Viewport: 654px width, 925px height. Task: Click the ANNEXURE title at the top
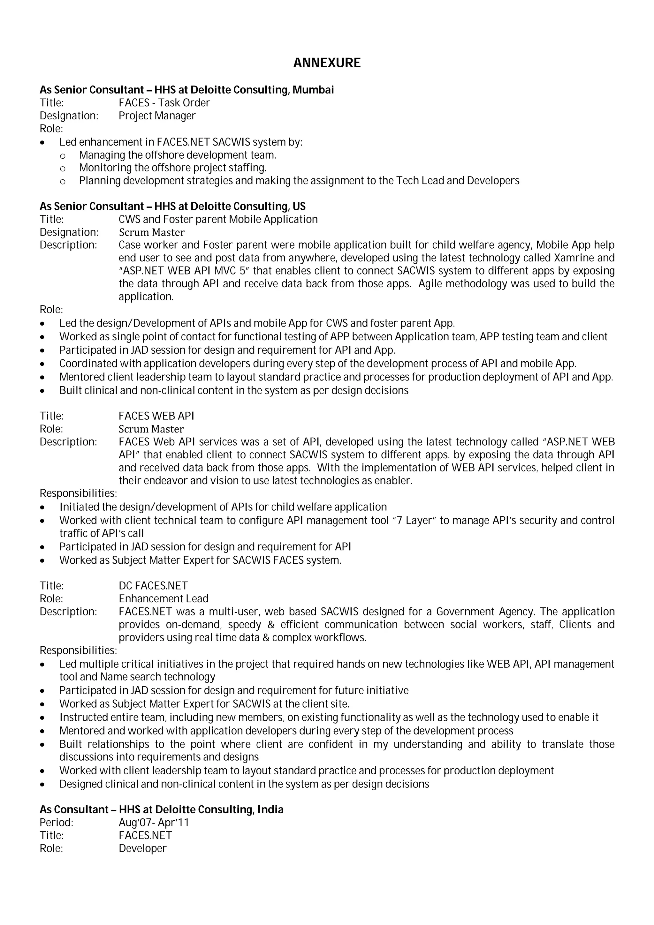[x=327, y=63]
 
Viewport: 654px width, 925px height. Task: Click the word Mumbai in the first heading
[x=313, y=90]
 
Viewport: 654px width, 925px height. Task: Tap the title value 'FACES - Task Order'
[x=164, y=103]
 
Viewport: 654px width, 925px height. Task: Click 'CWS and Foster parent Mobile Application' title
[x=218, y=220]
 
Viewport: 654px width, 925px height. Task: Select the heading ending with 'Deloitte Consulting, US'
[x=172, y=206]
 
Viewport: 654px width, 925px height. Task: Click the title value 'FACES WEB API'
[x=156, y=416]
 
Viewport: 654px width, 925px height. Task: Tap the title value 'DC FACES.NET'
[x=153, y=586]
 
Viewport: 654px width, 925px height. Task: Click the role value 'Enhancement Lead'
[x=163, y=599]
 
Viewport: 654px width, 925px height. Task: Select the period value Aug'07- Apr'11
[x=154, y=823]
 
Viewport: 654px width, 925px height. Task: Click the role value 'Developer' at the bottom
[x=142, y=848]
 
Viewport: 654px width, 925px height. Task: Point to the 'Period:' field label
[x=57, y=823]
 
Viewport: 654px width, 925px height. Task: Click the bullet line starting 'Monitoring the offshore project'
[x=172, y=168]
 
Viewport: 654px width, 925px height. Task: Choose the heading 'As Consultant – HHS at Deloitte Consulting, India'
[x=161, y=809]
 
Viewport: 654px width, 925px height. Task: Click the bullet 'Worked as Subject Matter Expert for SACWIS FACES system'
[x=200, y=560]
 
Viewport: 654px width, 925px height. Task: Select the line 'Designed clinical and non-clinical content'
[x=244, y=784]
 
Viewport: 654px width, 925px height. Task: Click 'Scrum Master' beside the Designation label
[x=151, y=232]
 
